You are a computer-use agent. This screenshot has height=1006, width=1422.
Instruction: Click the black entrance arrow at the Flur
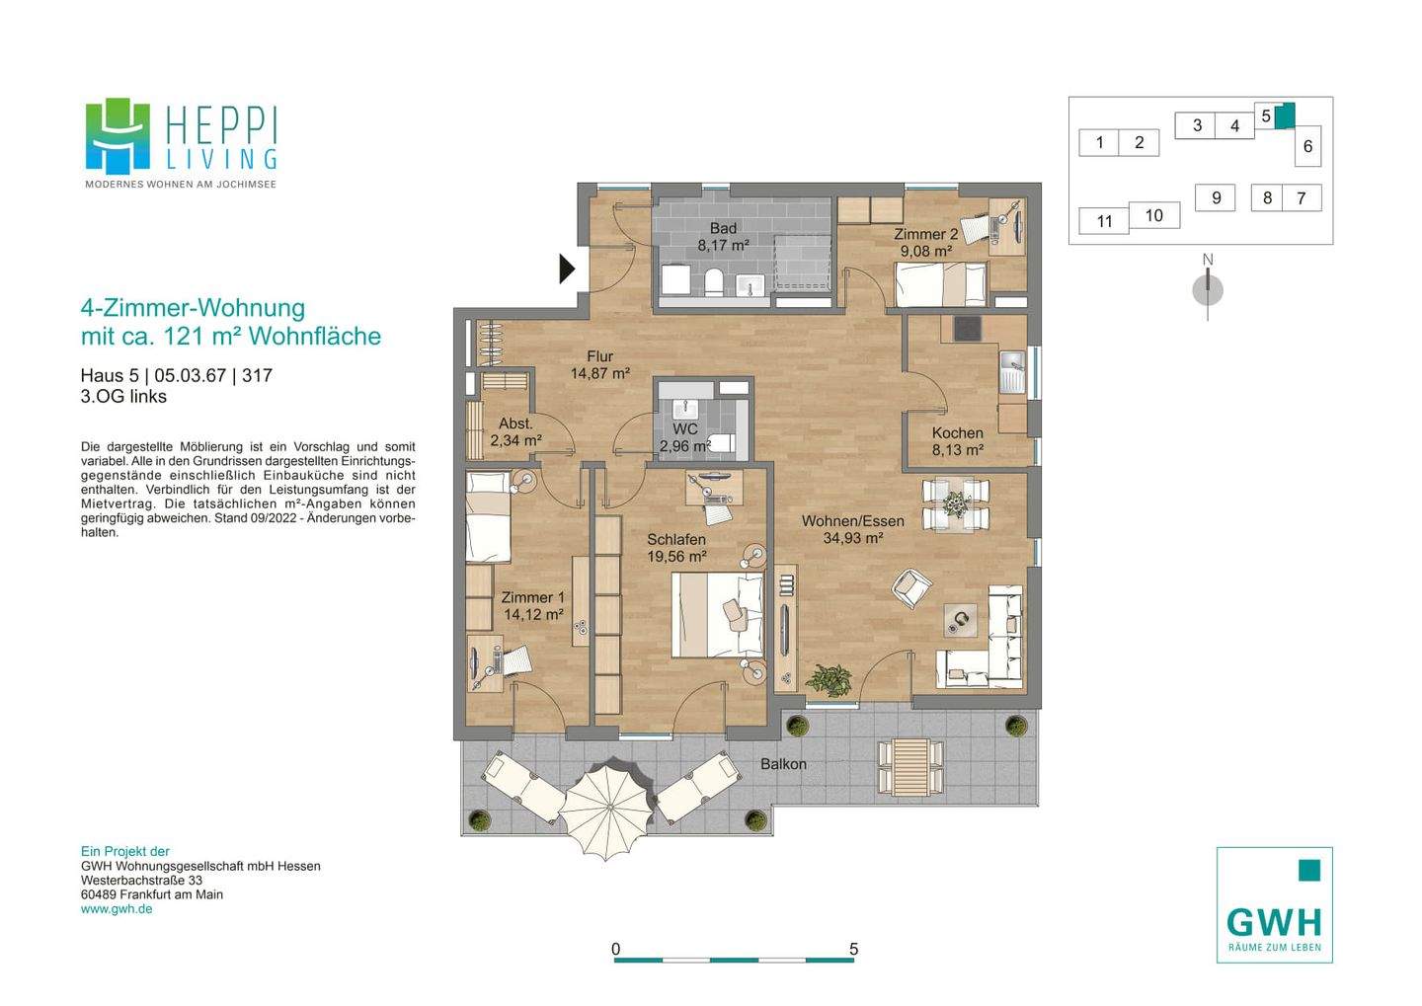pyautogui.click(x=567, y=269)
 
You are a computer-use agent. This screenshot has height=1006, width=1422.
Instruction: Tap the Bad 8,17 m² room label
pyautogui.click(x=723, y=237)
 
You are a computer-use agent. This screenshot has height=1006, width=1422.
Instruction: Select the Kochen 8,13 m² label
pyautogui.click(x=957, y=441)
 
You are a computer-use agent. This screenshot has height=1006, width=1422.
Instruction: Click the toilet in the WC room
pyautogui.click(x=722, y=442)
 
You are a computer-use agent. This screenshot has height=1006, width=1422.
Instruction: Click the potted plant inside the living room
pyautogui.click(x=828, y=678)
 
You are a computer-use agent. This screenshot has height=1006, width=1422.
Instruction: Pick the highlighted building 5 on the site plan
pyautogui.click(x=1284, y=116)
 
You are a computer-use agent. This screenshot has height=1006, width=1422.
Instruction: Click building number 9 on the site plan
pyautogui.click(x=1216, y=197)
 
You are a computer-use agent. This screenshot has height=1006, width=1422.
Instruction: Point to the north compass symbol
pyautogui.click(x=1208, y=289)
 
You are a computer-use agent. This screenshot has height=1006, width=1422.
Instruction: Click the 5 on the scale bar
pyautogui.click(x=853, y=949)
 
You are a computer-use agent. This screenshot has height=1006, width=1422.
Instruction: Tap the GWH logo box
pyautogui.click(x=1274, y=904)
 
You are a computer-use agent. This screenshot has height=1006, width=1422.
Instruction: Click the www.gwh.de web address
pyautogui.click(x=117, y=908)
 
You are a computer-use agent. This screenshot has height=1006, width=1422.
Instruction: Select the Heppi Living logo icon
pyautogui.click(x=118, y=135)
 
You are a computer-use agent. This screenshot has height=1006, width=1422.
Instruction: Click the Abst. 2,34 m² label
pyautogui.click(x=515, y=432)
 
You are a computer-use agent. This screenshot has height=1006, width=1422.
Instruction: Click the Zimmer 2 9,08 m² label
pyautogui.click(x=925, y=243)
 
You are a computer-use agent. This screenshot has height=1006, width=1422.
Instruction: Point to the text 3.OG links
pyautogui.click(x=123, y=397)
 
